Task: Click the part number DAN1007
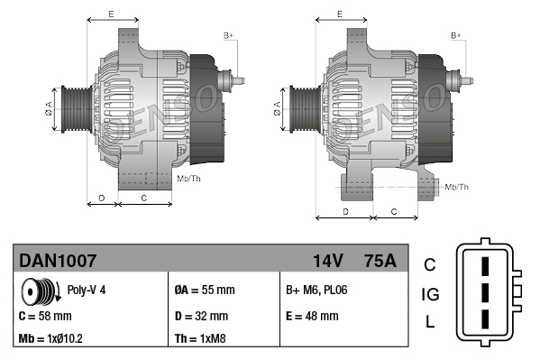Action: tap(58, 260)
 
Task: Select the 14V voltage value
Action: tap(327, 260)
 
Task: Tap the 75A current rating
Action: tap(379, 260)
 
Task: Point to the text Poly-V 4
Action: tap(87, 291)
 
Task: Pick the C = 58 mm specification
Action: tap(45, 316)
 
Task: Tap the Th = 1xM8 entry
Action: tap(202, 340)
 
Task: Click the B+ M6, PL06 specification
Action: tap(316, 291)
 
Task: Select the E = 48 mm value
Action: tap(312, 316)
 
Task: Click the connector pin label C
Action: tap(430, 264)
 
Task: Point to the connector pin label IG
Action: tap(430, 294)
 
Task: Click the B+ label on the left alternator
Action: tap(228, 35)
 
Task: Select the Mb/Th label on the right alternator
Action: tap(457, 187)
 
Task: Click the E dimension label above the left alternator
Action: tap(110, 14)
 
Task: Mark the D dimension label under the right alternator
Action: tap(345, 210)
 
